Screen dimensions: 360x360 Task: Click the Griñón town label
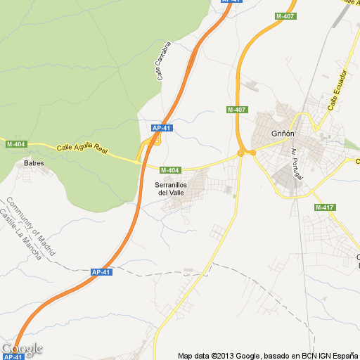281,133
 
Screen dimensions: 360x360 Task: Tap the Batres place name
34,163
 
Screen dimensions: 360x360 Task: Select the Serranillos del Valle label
172,188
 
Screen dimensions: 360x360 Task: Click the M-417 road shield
324,207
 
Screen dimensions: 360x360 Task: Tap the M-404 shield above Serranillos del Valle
170,169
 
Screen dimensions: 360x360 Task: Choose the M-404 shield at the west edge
15,144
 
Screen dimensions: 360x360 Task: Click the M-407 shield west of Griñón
236,110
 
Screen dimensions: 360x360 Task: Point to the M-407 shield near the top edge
285,15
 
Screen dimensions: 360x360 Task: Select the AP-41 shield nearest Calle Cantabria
162,127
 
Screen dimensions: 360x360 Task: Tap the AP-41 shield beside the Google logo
13,356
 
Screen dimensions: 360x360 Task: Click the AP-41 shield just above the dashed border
101,271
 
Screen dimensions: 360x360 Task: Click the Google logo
22,348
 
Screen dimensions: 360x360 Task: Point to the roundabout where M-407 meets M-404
241,153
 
